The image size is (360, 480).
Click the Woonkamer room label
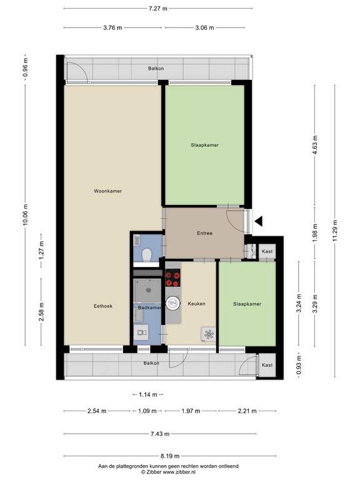pyautogui.click(x=107, y=191)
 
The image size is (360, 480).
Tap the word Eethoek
pyautogui.click(x=103, y=306)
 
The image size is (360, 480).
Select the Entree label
pyautogui.click(x=204, y=233)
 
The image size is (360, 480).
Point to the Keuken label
pyautogui.click(x=196, y=304)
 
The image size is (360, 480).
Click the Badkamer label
pyautogui.click(x=150, y=307)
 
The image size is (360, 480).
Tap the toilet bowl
pyautogui.click(x=146, y=255)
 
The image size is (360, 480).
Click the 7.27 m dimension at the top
pyautogui.click(x=157, y=8)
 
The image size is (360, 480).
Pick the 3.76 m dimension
pyautogui.click(x=112, y=27)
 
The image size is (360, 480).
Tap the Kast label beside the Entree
pyautogui.click(x=267, y=251)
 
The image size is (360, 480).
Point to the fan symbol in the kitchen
pyautogui.click(x=208, y=334)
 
